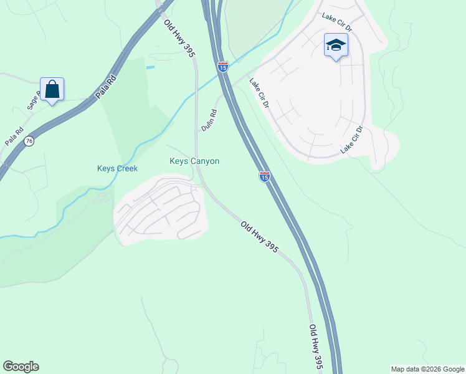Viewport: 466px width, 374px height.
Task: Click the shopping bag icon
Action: pos(52,90)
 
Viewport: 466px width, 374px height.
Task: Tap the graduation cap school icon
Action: pos(335,46)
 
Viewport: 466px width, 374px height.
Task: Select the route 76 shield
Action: pos(29,142)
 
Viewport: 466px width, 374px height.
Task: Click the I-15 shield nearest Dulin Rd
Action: pos(222,66)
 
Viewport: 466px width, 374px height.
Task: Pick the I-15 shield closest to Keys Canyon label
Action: pos(264,177)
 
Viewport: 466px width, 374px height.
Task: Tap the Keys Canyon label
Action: pos(194,161)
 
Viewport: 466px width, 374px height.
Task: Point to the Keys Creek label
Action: pos(117,168)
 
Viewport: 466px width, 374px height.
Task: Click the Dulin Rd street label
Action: pos(209,120)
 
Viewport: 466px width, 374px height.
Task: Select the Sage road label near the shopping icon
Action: pos(34,100)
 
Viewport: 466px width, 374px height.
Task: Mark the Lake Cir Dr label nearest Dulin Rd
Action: pos(259,93)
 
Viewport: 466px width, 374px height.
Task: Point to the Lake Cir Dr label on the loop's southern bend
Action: pos(351,140)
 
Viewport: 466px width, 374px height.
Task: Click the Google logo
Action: pos(21,367)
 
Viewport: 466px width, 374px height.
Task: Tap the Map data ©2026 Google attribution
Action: pos(427,369)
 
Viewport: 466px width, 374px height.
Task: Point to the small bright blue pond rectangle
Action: pos(150,67)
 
